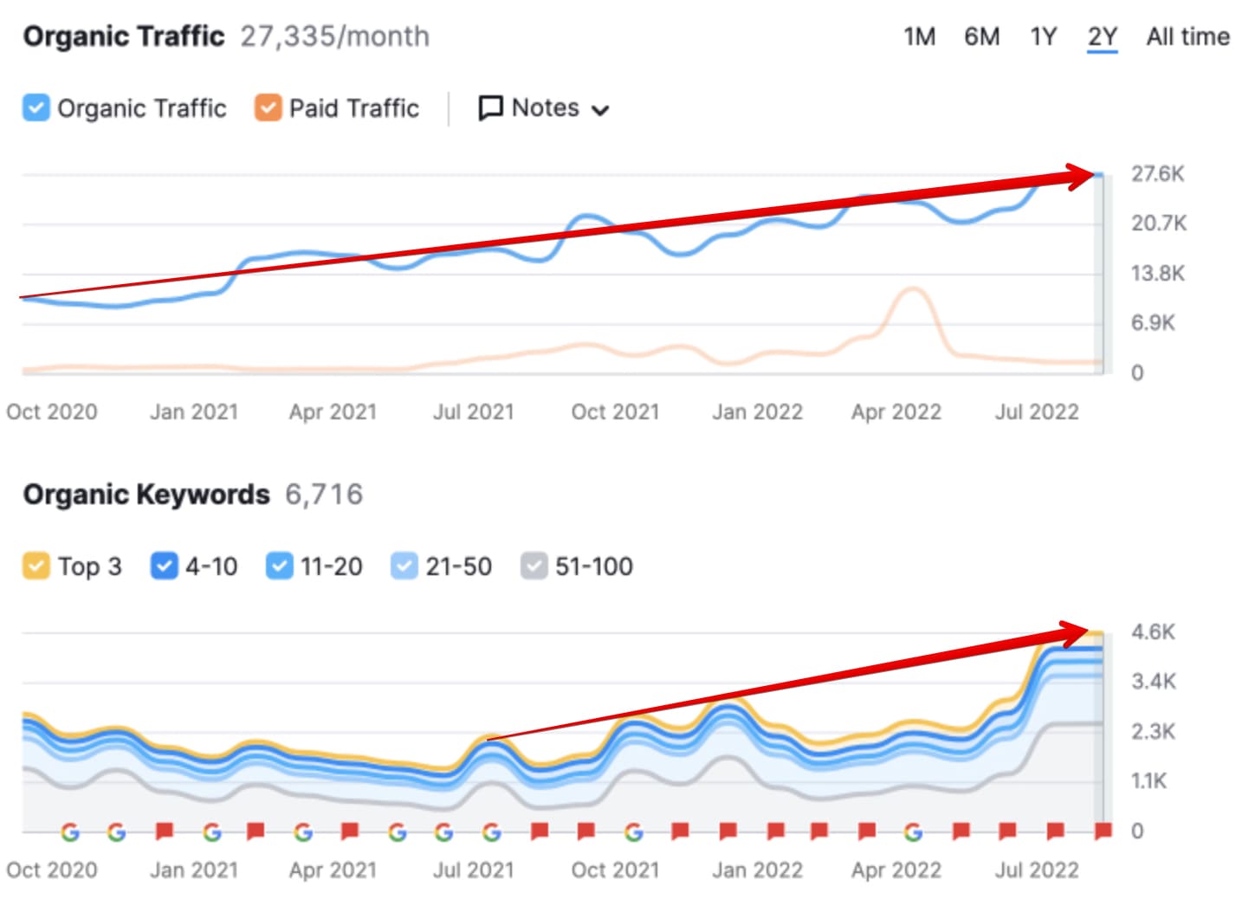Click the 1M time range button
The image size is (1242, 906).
(919, 36)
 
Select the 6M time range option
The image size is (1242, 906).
(981, 36)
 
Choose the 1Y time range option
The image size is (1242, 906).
(1043, 36)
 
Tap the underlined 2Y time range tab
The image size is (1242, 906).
(1102, 36)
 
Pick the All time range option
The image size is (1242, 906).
(1187, 36)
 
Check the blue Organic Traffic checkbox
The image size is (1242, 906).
(36, 108)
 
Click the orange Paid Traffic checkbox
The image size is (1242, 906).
(268, 108)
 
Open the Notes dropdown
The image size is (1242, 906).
(544, 108)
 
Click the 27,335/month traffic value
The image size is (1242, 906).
(334, 36)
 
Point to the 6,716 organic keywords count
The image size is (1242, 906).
(324, 495)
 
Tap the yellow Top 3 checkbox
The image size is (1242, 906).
(36, 566)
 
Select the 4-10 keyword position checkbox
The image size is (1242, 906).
(164, 566)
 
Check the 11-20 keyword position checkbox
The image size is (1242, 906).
(279, 566)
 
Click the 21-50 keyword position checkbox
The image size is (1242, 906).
(404, 566)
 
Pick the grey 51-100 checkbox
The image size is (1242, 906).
(534, 566)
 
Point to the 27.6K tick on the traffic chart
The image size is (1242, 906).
(1157, 174)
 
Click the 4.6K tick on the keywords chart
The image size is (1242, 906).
(1153, 632)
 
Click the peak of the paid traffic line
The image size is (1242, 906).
(912, 289)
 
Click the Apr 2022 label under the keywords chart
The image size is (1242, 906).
(896, 870)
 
